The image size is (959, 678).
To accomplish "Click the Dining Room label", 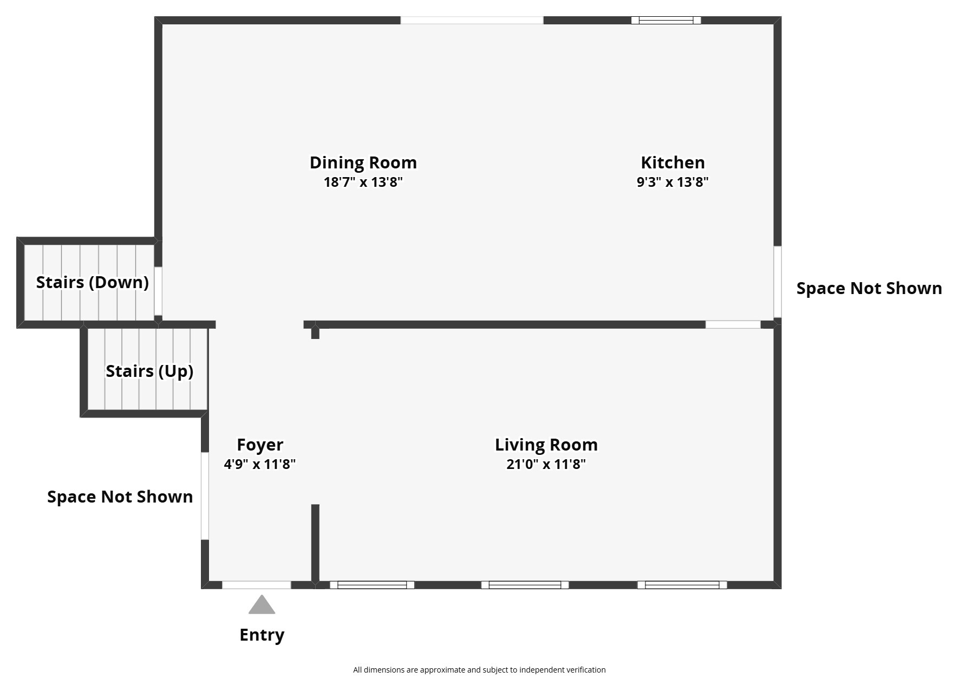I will point(363,162).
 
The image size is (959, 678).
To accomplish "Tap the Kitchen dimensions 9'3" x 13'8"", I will point(672,182).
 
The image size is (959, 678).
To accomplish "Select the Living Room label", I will point(546,445).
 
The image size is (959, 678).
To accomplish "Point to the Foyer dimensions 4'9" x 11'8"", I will point(259,464).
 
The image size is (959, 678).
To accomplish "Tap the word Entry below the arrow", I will point(262,635).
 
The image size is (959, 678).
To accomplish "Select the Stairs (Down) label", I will point(92,282).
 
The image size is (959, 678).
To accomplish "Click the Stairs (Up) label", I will point(149,371).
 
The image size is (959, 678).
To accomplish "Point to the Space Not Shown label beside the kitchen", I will point(869,288).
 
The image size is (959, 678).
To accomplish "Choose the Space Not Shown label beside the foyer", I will point(120,497).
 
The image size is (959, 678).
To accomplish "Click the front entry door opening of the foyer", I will point(256,585).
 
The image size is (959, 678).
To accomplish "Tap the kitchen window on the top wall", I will point(666,21).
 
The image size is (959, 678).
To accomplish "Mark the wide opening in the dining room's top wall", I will point(472,21).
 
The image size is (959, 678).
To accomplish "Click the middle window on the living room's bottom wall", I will point(525,585).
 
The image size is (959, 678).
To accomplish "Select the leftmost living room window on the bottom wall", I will point(372,585).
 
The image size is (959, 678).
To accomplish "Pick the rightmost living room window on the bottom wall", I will point(682,585).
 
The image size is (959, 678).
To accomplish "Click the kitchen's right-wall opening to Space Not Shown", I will point(778,282).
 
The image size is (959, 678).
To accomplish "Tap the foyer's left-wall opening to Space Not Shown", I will point(205,496).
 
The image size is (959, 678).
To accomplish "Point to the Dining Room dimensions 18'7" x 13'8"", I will point(363,182).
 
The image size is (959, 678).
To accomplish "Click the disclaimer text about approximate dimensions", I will point(479,670).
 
